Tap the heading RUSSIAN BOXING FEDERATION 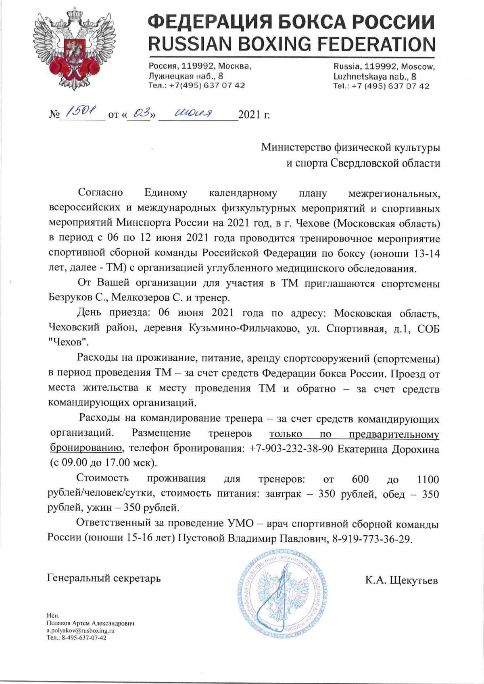point(292,44)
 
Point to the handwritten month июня point(195,114)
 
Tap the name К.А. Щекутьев point(401,580)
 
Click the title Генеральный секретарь point(104,578)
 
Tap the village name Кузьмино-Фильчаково point(244,328)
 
